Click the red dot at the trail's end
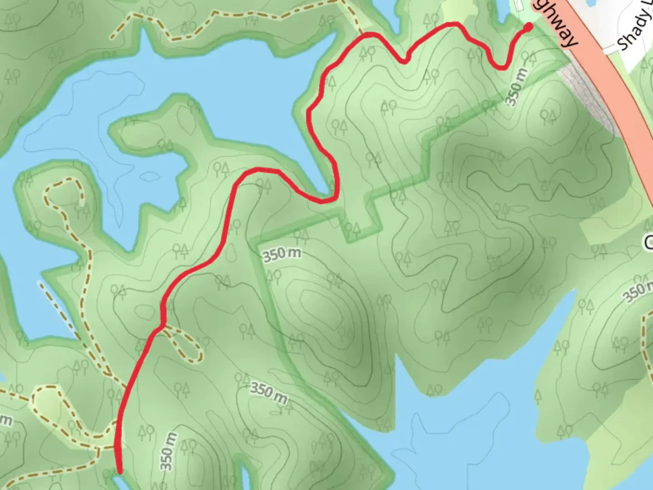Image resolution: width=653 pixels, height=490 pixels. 528,27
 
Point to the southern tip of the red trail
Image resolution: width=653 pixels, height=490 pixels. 120,471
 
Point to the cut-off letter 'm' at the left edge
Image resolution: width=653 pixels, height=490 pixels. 5,420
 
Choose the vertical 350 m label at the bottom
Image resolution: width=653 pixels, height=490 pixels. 167,451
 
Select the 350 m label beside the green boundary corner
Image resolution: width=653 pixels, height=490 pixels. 281,254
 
